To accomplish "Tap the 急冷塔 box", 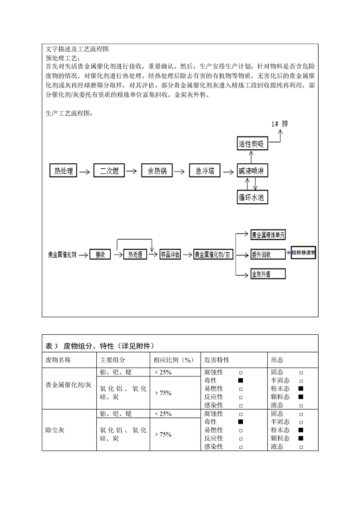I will tap(205, 171).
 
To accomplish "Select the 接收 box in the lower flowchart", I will tap(100, 254).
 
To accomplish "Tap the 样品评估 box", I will tap(170, 254).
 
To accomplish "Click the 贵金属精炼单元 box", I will tap(268, 235).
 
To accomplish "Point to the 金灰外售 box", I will tap(268, 274).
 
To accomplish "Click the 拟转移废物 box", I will tap(303, 253).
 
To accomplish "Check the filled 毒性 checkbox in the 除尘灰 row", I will tap(241, 422).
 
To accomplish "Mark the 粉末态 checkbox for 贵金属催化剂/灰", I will tap(301, 389).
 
